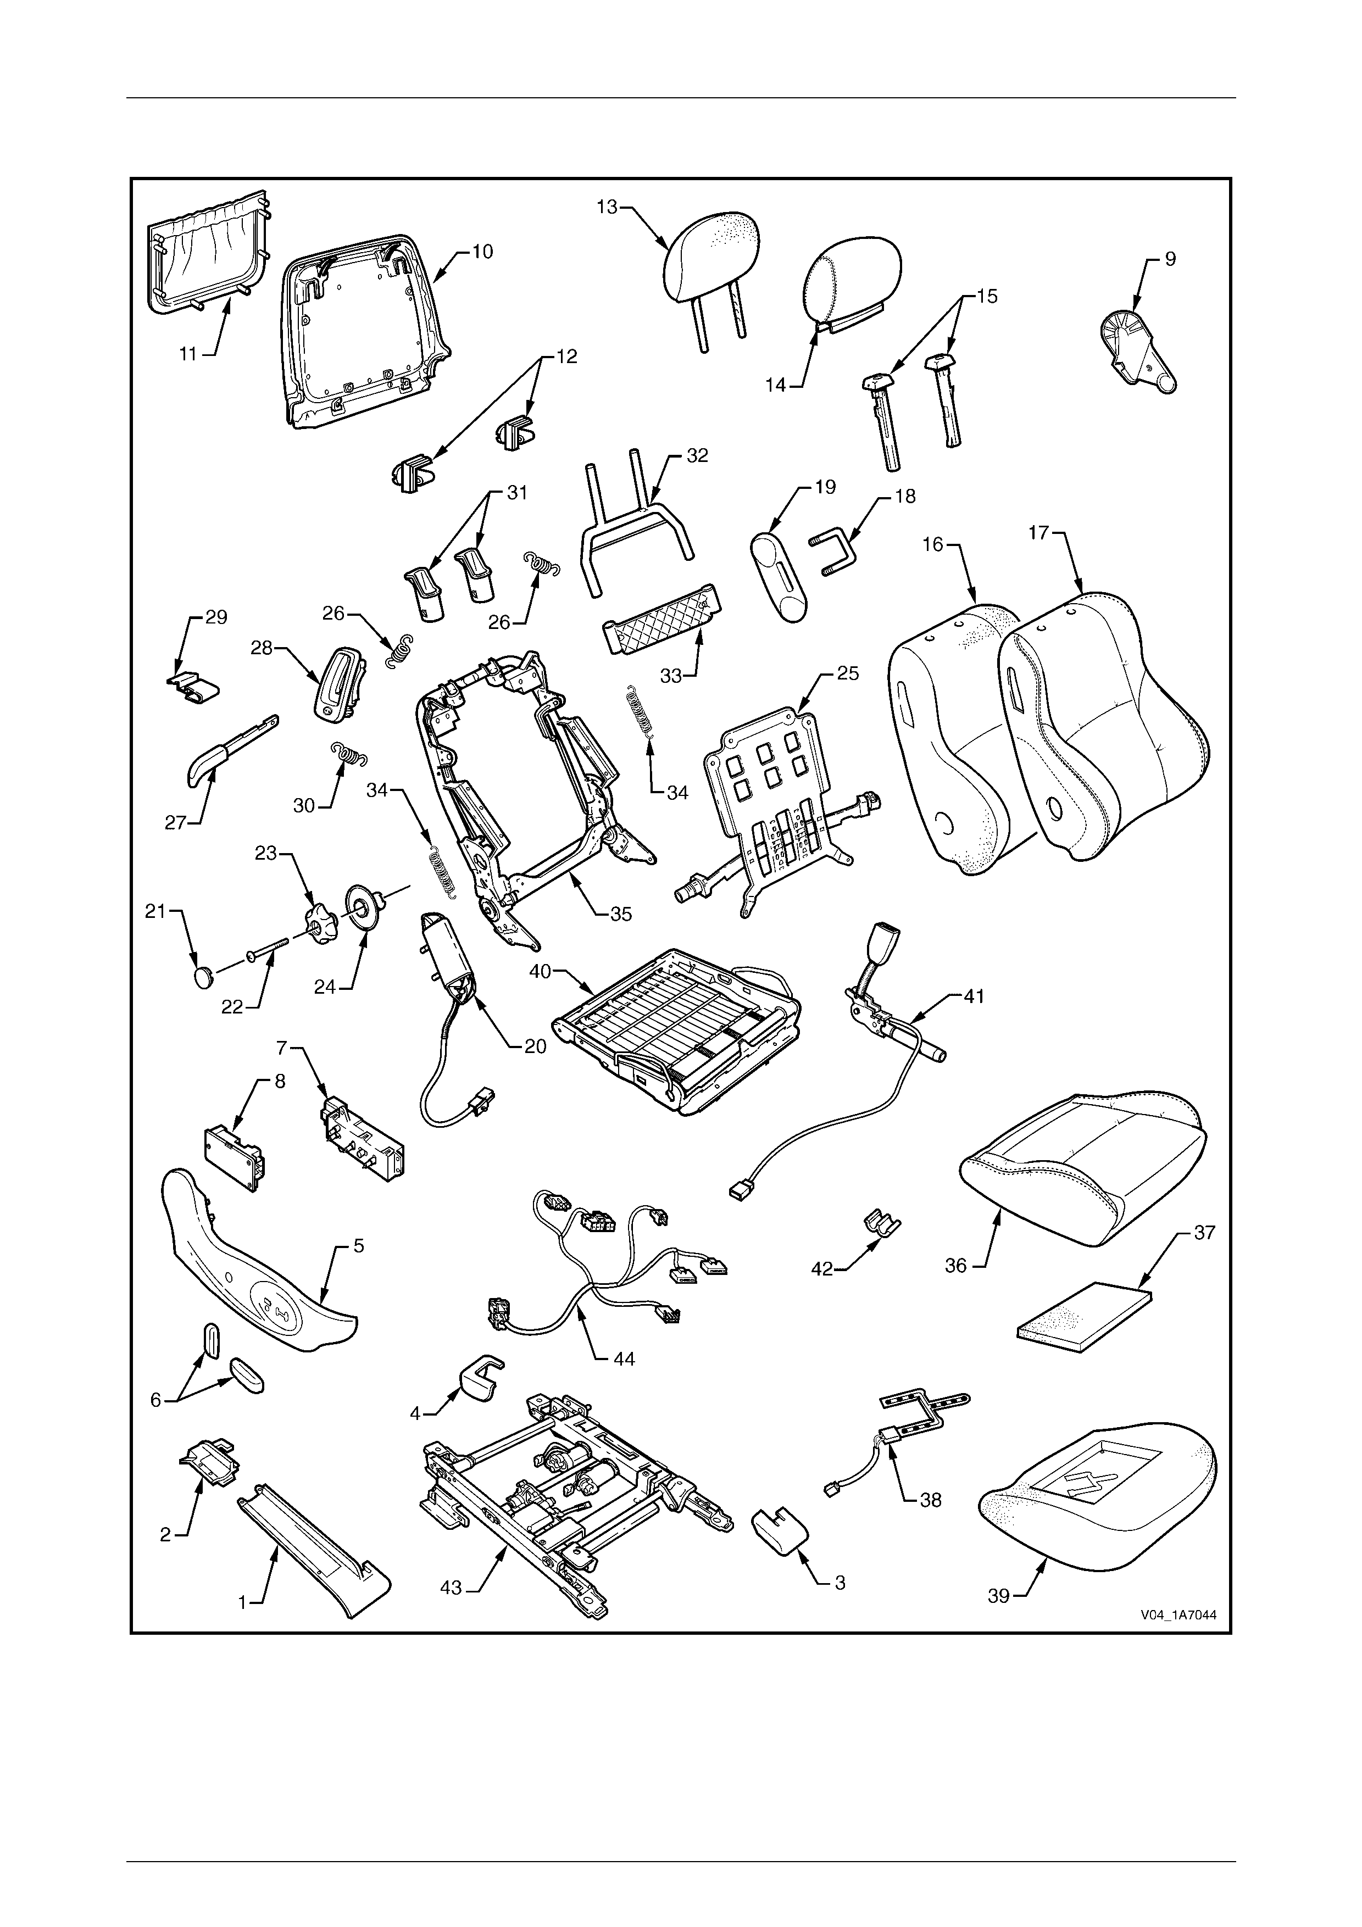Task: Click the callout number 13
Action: pyautogui.click(x=607, y=207)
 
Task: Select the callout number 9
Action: pyautogui.click(x=1170, y=259)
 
